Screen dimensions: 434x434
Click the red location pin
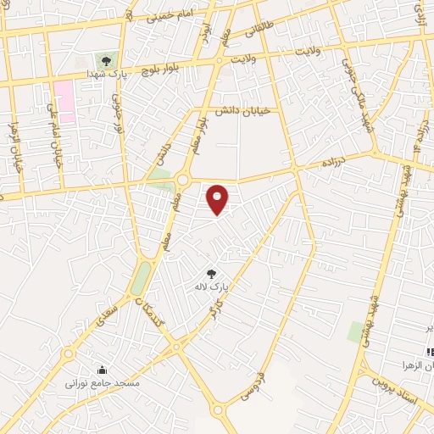(218, 198)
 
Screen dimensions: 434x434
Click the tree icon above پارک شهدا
(105, 60)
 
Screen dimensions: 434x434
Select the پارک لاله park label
(212, 287)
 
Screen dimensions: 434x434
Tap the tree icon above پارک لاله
(212, 273)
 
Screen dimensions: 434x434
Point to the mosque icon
(103, 370)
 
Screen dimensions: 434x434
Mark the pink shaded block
(64, 102)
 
